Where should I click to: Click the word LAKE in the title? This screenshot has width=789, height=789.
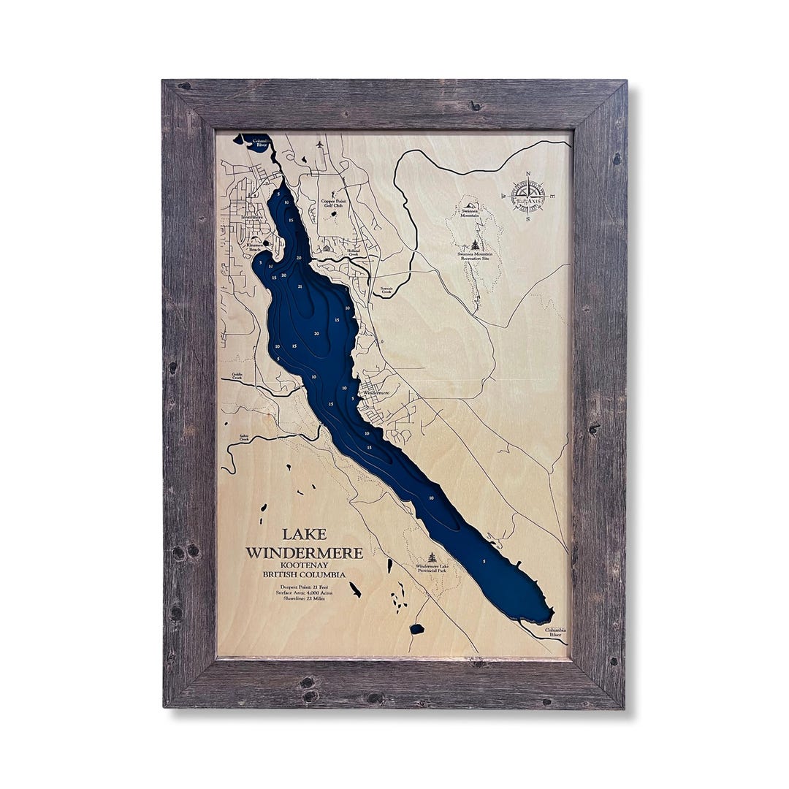304,535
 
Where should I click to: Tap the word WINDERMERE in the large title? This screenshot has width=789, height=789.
304,553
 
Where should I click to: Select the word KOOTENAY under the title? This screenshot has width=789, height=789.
304,565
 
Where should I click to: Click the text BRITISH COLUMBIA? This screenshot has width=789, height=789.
304,575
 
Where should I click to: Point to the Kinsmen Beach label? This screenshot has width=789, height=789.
254,248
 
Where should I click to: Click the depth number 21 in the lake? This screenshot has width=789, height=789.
300,287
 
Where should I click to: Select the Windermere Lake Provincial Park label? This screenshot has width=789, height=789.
437,568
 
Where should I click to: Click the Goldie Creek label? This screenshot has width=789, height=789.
237,376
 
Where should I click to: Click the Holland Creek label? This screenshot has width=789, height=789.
353,253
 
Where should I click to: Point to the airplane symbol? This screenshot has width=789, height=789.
320,145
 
